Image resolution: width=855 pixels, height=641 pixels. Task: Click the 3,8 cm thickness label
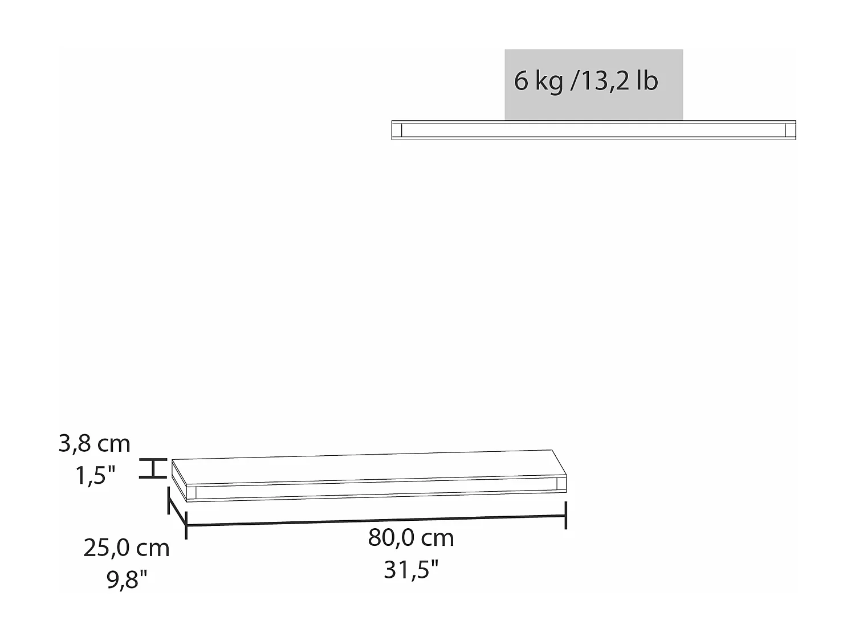point(95,443)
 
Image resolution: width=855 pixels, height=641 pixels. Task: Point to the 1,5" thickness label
point(95,475)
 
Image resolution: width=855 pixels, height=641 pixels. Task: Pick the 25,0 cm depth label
point(127,548)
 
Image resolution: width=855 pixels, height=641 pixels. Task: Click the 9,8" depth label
point(127,579)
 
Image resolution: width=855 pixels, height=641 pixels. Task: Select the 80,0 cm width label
point(411,538)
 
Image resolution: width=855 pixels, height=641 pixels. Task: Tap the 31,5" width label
point(411,569)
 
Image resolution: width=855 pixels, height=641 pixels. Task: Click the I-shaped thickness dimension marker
point(153,468)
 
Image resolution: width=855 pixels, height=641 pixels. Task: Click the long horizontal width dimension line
point(376,520)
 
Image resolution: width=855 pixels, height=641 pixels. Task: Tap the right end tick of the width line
point(565,515)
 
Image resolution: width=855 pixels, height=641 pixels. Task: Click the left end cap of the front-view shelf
point(397,130)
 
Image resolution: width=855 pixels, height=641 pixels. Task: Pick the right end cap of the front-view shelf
point(790,130)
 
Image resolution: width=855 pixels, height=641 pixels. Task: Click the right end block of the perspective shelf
point(561,484)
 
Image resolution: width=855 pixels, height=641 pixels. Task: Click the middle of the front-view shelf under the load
point(593,130)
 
